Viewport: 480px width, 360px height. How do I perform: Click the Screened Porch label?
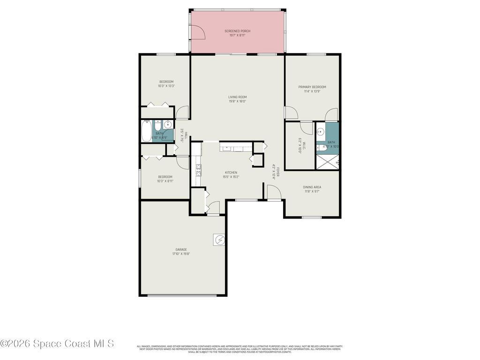237,31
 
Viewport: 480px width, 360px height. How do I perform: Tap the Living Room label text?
237,97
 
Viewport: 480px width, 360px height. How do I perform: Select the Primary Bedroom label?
312,87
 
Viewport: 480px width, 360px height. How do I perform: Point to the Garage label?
181,249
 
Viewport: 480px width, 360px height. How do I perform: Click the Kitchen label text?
231,172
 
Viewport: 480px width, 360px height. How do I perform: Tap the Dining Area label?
312,187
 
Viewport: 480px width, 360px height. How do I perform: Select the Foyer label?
277,172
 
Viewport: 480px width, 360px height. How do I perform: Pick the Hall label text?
186,135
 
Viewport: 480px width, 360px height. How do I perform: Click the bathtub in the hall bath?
147,131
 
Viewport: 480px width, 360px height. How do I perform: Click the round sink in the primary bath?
321,131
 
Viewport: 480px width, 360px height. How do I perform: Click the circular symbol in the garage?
220,240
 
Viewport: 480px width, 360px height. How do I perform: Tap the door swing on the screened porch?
198,32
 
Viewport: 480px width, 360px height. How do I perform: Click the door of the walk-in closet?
307,127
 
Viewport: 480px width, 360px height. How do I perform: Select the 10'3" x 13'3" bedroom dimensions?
166,86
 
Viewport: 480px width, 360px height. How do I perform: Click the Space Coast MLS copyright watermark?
57,344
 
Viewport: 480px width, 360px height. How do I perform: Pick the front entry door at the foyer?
273,192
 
